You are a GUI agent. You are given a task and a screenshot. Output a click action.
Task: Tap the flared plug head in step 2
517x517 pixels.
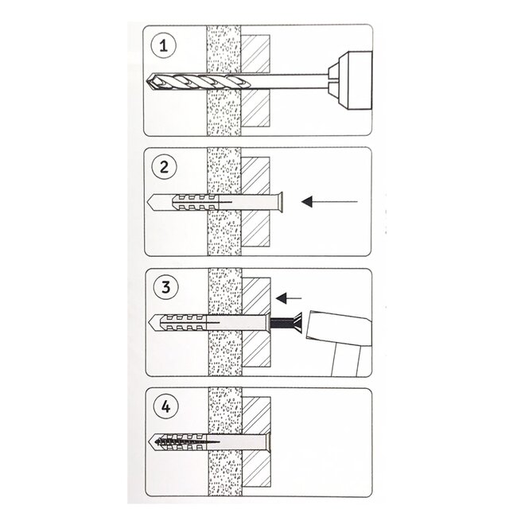point(279,204)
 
